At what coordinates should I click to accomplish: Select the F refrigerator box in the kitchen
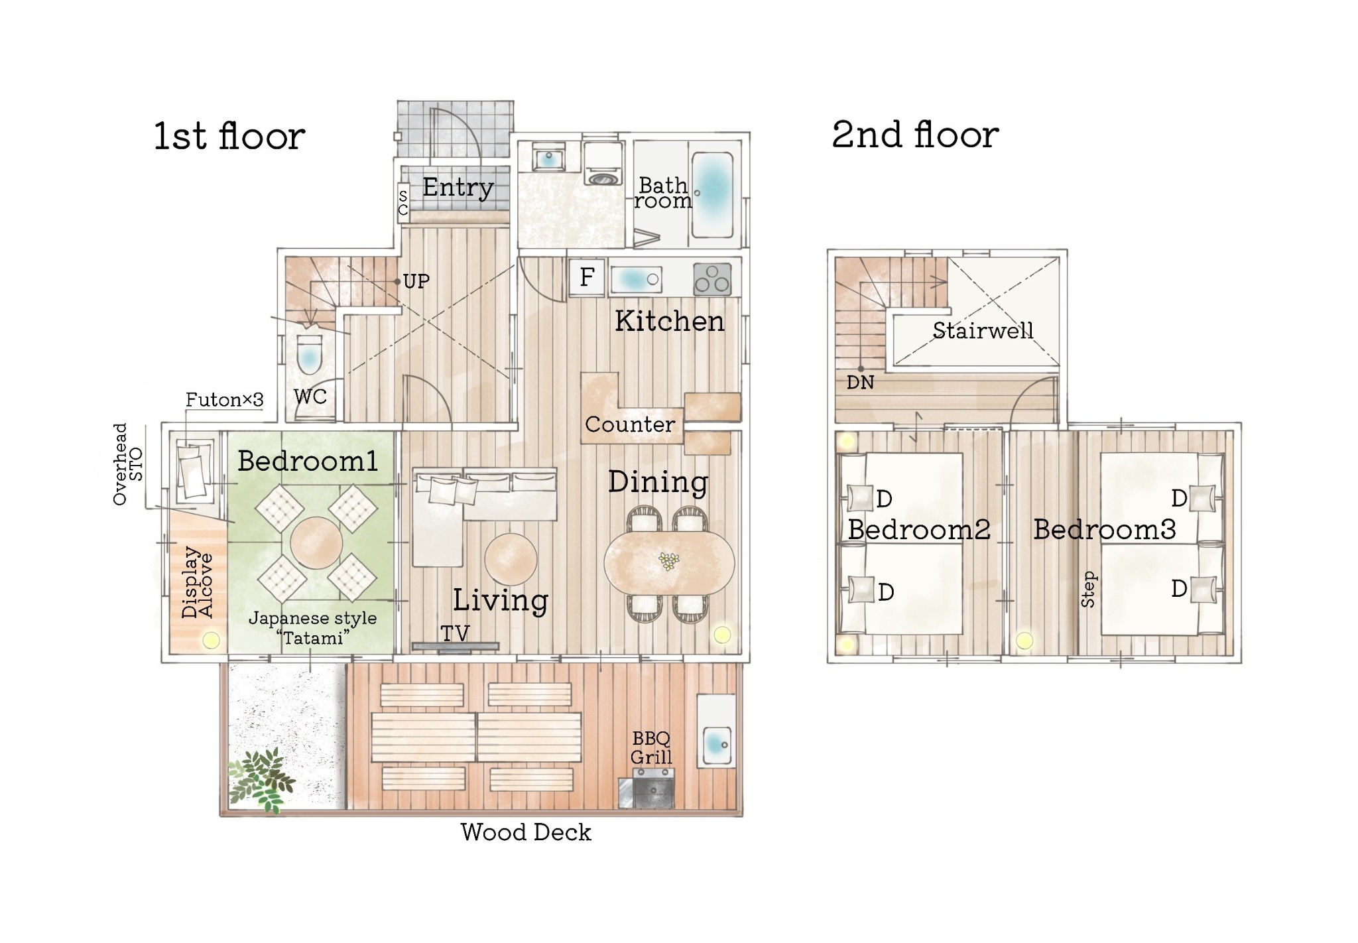tap(587, 277)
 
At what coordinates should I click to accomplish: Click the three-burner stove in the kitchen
tap(712, 279)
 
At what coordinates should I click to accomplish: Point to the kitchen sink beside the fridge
tap(636, 279)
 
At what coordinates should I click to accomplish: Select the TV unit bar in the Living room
tap(456, 646)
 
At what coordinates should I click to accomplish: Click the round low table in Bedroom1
tap(316, 542)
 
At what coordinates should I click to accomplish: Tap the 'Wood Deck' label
tap(526, 832)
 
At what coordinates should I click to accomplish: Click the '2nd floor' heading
tap(915, 135)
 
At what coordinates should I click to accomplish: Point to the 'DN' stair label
tap(860, 383)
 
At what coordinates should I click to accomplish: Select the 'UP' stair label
tap(416, 281)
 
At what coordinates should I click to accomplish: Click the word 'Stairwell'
tap(983, 330)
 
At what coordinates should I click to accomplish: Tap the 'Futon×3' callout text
tap(224, 400)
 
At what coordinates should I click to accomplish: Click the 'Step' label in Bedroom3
tap(1088, 590)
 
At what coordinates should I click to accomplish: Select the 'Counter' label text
tap(630, 424)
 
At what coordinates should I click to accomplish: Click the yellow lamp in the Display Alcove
tap(211, 640)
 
